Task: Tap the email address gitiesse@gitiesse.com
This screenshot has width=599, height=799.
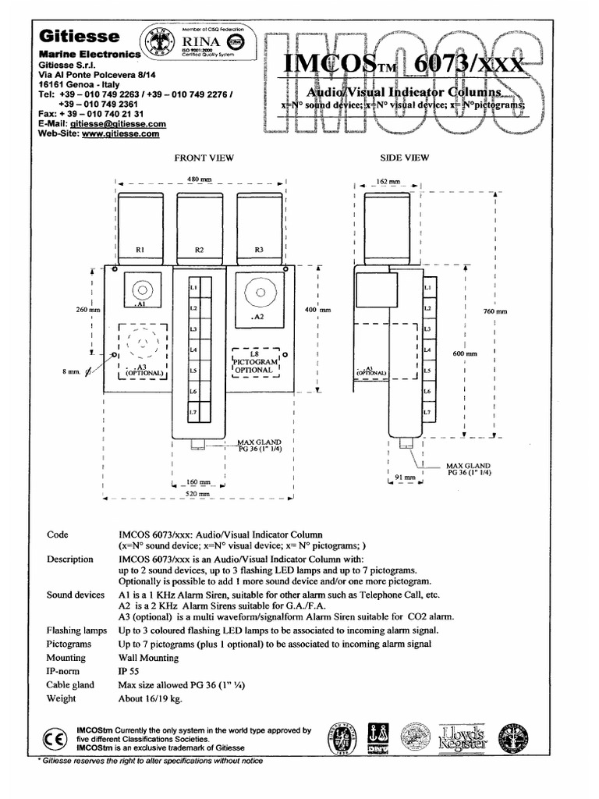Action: click(118, 123)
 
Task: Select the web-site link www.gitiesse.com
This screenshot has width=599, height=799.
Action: click(120, 133)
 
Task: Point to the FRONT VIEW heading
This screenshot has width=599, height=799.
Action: click(204, 158)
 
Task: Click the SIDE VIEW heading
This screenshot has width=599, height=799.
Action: click(404, 158)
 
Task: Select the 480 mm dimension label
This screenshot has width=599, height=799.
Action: click(200, 180)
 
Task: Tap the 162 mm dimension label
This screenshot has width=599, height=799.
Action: click(388, 181)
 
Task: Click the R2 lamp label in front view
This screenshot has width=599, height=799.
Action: click(200, 250)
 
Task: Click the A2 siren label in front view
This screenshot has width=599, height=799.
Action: click(259, 318)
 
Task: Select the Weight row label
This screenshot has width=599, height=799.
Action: click(62, 698)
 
